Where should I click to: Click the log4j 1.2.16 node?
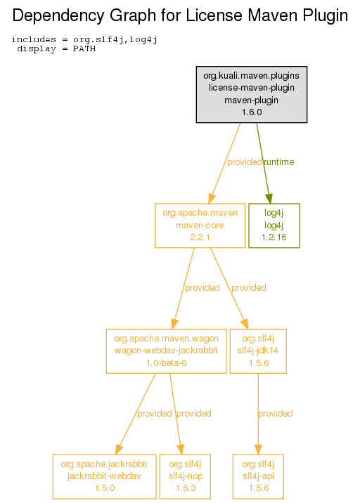[274, 226]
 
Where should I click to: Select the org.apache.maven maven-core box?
[200, 226]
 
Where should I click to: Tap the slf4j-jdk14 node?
[258, 351]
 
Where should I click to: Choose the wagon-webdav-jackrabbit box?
[166, 351]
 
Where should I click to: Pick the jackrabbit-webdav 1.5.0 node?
[104, 477]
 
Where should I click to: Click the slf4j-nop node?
[185, 477]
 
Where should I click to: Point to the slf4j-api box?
[258, 477]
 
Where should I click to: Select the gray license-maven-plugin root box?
[252, 94]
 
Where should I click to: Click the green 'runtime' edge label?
[278, 162]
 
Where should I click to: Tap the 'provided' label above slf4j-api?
[276, 413]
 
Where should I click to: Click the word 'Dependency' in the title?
[58, 15]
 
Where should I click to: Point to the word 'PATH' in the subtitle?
[84, 48]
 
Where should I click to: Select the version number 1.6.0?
[252, 112]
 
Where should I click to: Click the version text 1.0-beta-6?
[167, 362]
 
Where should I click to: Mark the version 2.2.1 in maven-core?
[200, 237]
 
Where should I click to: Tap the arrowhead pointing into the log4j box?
[269, 199]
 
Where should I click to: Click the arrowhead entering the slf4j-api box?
[258, 450]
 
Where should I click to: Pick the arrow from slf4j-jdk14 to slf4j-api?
[258, 414]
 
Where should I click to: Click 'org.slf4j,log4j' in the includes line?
[115, 40]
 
